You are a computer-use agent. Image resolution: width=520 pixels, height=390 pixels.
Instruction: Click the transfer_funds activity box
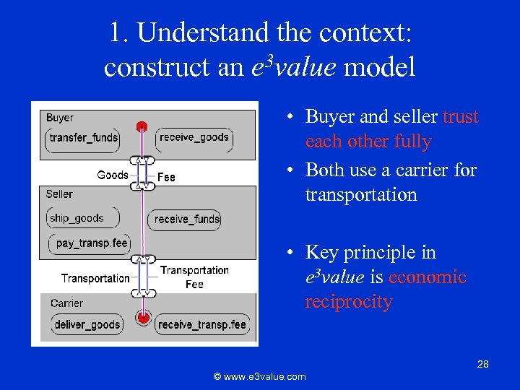[83, 138]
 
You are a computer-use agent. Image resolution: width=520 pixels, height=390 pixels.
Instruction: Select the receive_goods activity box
[194, 137]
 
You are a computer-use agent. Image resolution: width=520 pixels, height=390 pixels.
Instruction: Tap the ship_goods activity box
[77, 218]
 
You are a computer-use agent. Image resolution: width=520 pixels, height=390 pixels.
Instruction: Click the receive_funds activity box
[187, 220]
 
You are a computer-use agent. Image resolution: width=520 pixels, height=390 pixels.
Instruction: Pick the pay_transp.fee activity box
[91, 243]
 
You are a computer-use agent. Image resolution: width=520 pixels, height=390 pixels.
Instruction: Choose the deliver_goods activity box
[87, 325]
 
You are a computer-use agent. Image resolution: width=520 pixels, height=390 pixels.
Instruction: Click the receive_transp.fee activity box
[202, 325]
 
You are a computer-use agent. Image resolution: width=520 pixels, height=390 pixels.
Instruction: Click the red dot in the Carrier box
[143, 318]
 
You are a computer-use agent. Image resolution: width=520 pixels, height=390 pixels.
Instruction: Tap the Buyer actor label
[60, 118]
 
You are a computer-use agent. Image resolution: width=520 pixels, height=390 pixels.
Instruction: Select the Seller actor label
[59, 194]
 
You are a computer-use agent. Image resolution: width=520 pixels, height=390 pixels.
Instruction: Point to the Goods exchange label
[112, 175]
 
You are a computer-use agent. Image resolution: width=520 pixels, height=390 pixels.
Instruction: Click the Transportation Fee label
[194, 277]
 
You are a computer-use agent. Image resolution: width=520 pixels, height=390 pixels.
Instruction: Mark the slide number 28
[482, 365]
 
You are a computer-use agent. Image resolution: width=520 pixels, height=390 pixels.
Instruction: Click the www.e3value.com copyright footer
[259, 376]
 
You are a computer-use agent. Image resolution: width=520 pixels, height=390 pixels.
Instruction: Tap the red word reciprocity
[348, 302]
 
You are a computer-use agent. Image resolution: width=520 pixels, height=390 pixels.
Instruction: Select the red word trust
[460, 117]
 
